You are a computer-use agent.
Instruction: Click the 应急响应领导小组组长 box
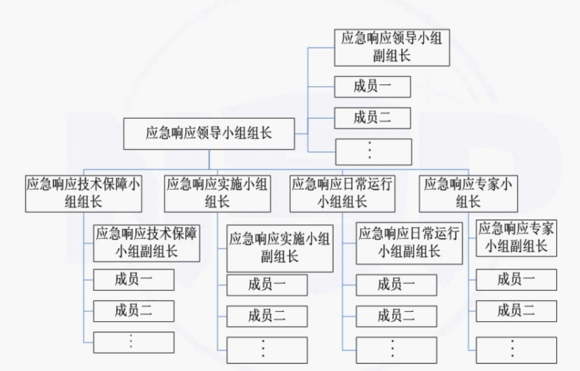click(209, 134)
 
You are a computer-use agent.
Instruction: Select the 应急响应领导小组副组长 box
click(392, 48)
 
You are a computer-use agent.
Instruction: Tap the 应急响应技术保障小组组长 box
click(83, 193)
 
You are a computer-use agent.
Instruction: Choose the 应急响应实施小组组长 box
click(217, 193)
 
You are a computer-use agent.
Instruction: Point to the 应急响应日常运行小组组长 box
click(342, 193)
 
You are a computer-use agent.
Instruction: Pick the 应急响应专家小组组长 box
click(468, 193)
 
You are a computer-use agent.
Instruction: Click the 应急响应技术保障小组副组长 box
click(147, 243)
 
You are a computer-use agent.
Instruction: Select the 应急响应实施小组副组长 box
click(280, 248)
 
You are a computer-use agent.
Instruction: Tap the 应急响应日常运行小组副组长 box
click(409, 243)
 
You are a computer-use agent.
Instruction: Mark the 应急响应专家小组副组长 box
click(516, 239)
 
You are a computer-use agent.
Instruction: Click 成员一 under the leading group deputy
click(372, 87)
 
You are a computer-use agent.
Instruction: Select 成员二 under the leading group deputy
click(372, 118)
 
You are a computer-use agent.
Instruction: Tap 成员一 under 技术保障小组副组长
click(134, 280)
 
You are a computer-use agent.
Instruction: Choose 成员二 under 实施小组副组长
click(267, 316)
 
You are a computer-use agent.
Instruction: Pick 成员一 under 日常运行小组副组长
click(396, 285)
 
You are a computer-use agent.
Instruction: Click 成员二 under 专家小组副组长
click(516, 311)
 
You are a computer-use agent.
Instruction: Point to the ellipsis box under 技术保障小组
click(134, 342)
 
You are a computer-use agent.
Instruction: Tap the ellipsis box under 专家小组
click(516, 350)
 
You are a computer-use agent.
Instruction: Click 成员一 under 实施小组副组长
click(267, 285)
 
